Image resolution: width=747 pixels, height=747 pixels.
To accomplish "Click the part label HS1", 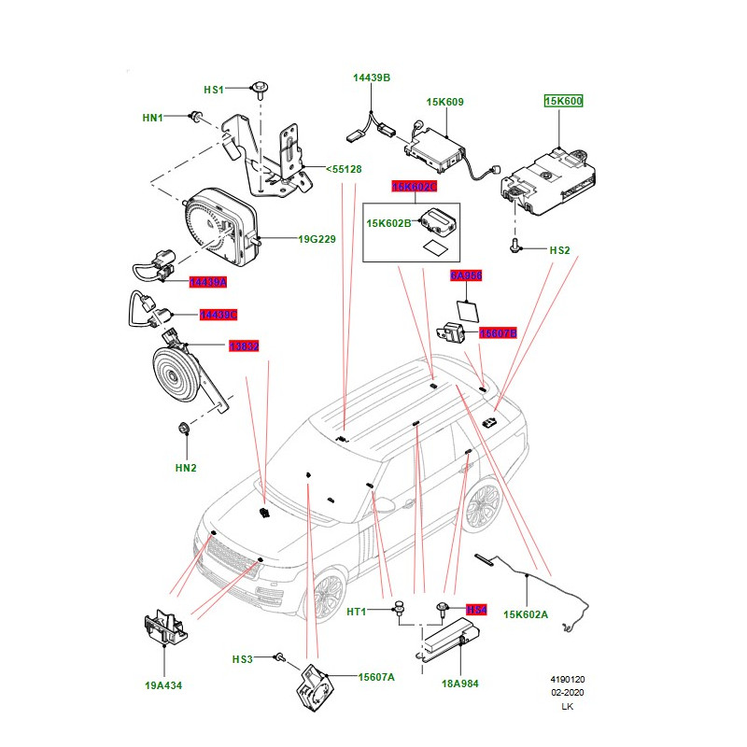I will [x=214, y=90].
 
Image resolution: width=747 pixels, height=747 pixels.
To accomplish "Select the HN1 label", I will [x=152, y=118].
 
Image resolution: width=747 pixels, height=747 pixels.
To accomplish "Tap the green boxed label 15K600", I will [x=563, y=101].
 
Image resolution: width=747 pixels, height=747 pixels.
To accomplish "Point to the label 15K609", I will [x=445, y=103].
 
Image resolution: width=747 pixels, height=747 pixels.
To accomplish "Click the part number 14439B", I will [x=371, y=78].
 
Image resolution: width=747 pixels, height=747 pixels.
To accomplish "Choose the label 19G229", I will [x=317, y=240].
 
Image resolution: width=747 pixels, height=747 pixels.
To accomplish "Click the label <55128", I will [x=343, y=169].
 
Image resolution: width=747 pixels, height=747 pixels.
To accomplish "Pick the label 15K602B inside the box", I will [x=388, y=223].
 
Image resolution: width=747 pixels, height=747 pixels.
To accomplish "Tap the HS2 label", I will [x=559, y=250].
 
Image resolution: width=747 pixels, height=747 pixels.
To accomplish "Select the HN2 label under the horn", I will [x=187, y=467].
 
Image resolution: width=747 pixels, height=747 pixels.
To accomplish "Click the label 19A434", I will [x=163, y=685].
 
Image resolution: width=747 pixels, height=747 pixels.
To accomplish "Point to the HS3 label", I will [x=243, y=660].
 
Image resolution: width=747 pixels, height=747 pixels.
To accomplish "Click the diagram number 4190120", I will [x=567, y=681].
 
